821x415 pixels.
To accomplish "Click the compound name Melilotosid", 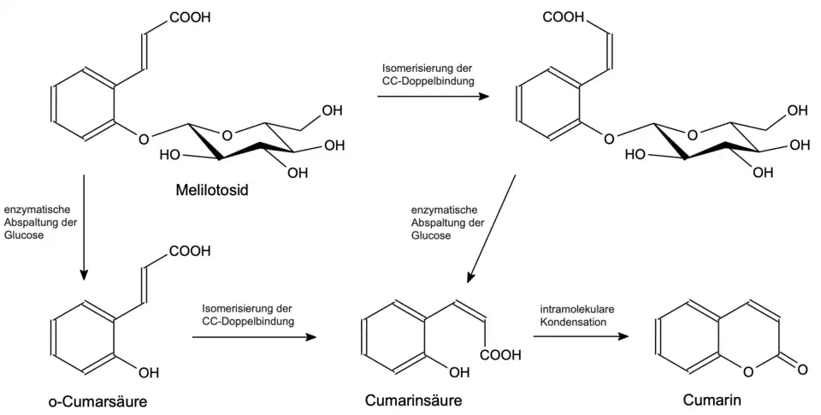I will point(212,190).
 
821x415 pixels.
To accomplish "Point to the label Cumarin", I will point(712,400).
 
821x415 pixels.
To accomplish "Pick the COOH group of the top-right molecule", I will point(564,17).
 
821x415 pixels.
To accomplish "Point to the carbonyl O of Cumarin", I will point(801,370).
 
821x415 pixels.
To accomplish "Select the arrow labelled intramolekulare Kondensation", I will point(579,337).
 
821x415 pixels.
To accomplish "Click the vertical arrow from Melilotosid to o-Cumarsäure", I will point(84,227).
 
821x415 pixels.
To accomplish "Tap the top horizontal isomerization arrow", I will point(434,97).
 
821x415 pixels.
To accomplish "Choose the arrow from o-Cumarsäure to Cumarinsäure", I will point(254,337).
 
